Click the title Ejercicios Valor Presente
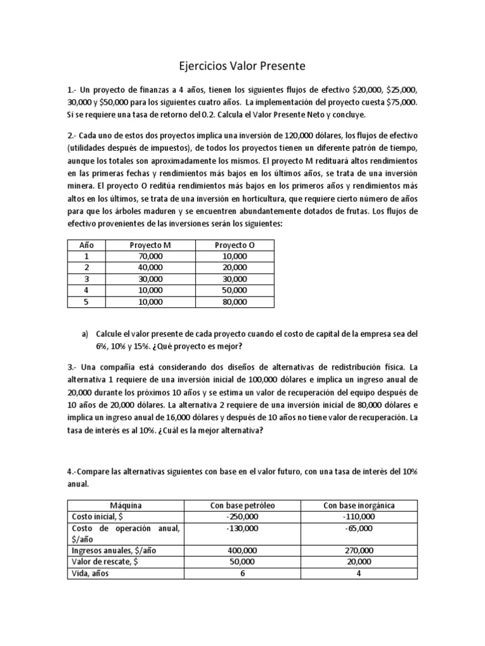(242, 66)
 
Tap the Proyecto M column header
(150, 245)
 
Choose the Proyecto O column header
(235, 245)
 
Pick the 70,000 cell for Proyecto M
(150, 256)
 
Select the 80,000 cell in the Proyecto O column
(235, 302)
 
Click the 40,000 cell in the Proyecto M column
(150, 267)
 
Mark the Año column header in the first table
(85, 245)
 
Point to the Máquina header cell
(125, 505)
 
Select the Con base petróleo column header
(242, 505)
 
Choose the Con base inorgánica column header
(359, 505)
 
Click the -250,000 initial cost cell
(242, 516)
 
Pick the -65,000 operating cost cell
(360, 527)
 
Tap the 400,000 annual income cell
(242, 550)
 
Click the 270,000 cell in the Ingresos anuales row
(360, 550)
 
